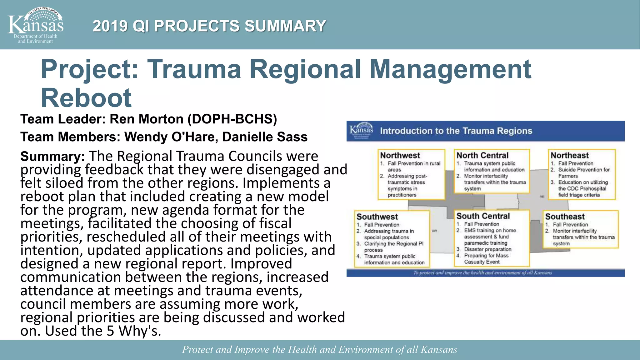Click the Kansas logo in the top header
(35, 25)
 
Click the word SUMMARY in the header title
(285, 26)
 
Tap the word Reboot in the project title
(86, 98)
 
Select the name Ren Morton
(146, 119)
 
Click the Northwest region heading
(400, 155)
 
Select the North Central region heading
(482, 155)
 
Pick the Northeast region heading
(569, 155)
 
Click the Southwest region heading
(377, 217)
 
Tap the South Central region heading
(483, 216)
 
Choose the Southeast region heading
(565, 217)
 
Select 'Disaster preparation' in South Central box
(487, 249)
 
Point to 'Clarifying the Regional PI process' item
(393, 247)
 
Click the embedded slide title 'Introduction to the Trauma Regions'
(456, 131)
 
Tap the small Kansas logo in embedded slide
(361, 130)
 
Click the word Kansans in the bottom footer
(439, 349)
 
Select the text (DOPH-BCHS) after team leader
(232, 119)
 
